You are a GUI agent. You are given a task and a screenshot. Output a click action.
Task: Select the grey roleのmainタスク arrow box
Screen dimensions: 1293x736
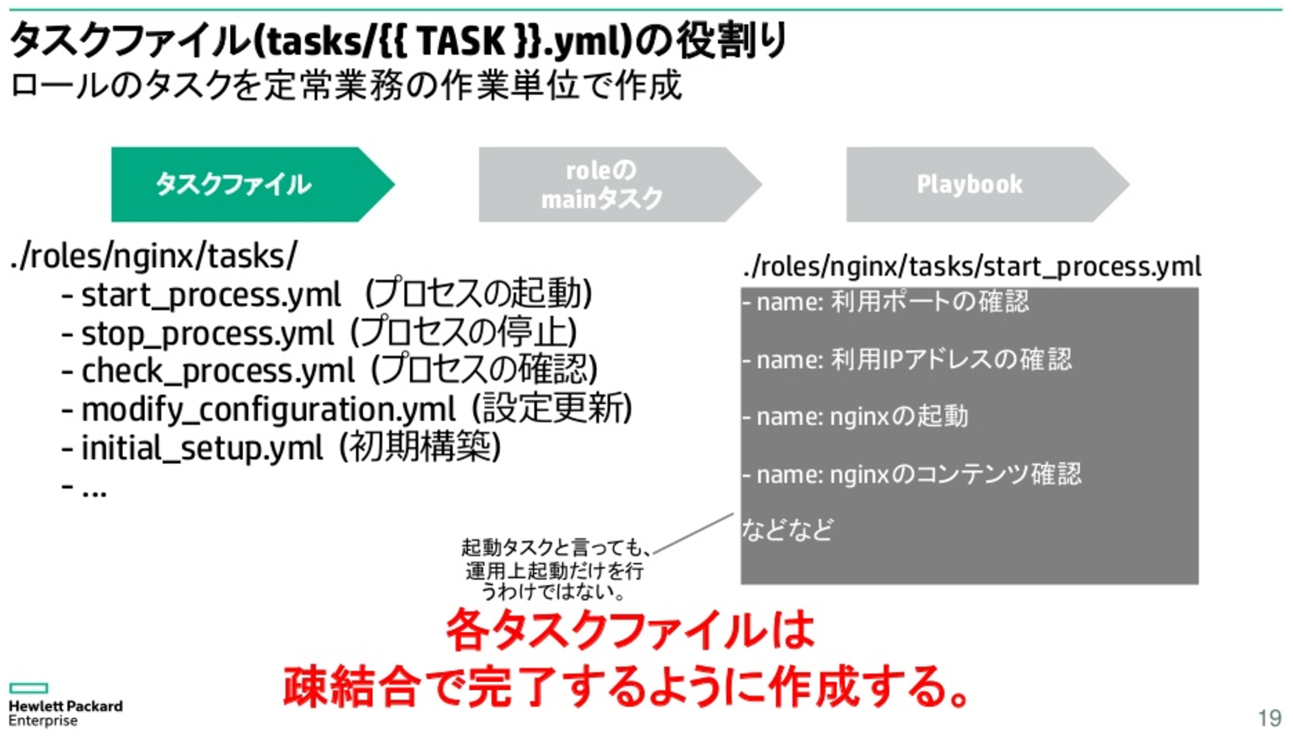point(620,184)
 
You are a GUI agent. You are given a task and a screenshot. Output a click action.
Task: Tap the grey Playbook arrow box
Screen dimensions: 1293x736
point(987,184)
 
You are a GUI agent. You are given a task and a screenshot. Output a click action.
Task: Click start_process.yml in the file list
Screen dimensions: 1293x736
point(211,295)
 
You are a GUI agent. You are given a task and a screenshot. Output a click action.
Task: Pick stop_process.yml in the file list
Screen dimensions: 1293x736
point(208,334)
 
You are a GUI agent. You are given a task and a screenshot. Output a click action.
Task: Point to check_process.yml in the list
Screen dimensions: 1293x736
point(218,371)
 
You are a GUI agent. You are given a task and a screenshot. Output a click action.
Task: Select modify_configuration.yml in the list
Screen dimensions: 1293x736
point(268,410)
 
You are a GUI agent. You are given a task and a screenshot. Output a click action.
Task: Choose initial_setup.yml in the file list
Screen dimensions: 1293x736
point(202,448)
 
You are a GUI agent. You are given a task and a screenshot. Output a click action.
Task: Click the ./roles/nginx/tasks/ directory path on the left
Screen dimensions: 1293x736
point(154,257)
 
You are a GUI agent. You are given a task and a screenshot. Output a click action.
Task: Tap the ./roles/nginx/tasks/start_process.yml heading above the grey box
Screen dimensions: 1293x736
point(972,266)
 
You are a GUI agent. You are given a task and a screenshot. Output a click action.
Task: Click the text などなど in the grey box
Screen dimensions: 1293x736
point(788,530)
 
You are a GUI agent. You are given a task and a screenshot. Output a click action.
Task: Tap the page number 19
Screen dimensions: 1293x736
point(1269,718)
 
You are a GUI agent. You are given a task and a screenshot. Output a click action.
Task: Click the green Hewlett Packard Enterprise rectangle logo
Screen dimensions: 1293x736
point(29,688)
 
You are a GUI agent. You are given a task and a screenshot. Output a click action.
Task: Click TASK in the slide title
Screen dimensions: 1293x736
point(462,41)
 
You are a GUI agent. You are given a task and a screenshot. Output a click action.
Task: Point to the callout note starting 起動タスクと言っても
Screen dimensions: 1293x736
point(555,569)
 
